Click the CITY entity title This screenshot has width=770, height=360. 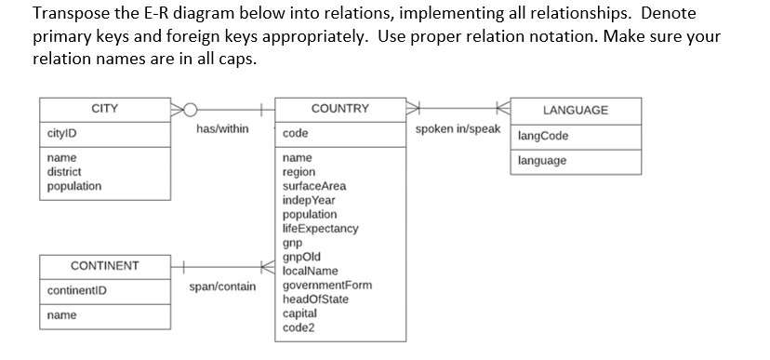(104, 109)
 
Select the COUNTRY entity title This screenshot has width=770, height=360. (339, 109)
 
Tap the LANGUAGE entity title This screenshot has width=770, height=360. (576, 111)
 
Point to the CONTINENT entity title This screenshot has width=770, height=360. (104, 266)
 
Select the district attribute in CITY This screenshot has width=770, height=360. (64, 172)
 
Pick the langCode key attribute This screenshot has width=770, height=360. (542, 137)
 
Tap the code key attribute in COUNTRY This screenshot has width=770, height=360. (295, 134)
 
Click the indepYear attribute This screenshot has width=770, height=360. (309, 200)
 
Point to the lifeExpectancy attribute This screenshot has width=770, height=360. (320, 228)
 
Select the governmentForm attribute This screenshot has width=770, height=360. (326, 285)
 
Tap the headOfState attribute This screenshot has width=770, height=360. (319, 299)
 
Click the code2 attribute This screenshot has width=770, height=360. (299, 327)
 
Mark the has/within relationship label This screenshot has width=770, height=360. (222, 129)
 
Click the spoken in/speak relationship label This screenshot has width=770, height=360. (458, 129)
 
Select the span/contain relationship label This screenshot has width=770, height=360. (222, 287)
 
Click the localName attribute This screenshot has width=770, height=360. (310, 271)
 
